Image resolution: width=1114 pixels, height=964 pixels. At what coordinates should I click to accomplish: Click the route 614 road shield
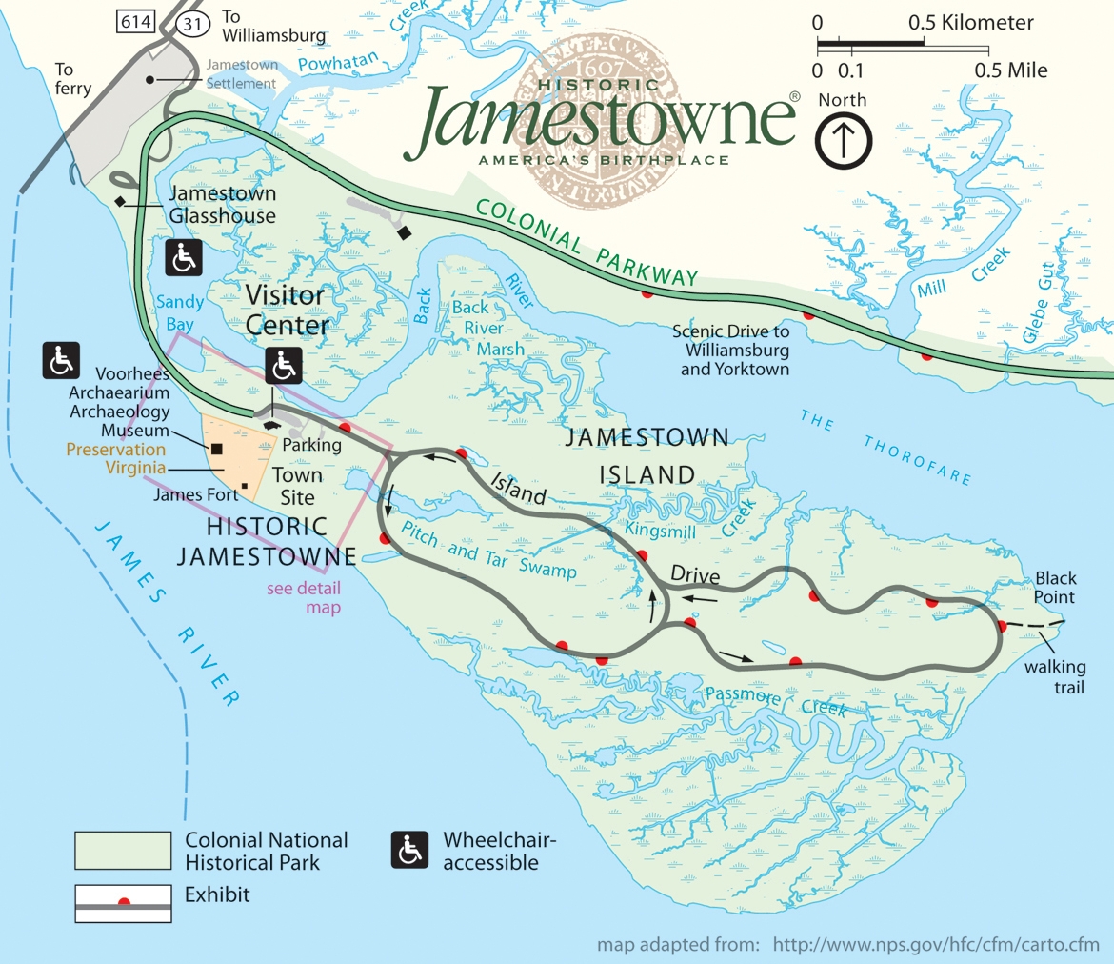pyautogui.click(x=137, y=22)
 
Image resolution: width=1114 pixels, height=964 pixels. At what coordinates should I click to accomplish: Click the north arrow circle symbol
pyautogui.click(x=843, y=140)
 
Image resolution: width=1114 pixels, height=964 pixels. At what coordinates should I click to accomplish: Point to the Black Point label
pyautogui.click(x=1055, y=588)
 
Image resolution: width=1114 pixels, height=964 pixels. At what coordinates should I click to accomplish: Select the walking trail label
pyautogui.click(x=1055, y=676)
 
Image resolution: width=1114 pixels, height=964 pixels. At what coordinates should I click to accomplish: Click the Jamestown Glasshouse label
pyautogui.click(x=222, y=205)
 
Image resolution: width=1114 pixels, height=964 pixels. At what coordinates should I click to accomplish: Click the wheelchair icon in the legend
pyautogui.click(x=409, y=850)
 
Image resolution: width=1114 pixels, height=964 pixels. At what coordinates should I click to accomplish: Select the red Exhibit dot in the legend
pyautogui.click(x=124, y=902)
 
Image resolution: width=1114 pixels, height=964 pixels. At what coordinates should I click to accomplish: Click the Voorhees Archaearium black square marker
pyautogui.click(x=217, y=449)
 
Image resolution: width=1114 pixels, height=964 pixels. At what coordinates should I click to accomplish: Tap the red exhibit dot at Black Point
pyautogui.click(x=1001, y=626)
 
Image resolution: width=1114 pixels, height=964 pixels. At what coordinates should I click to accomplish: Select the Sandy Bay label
pyautogui.click(x=179, y=311)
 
